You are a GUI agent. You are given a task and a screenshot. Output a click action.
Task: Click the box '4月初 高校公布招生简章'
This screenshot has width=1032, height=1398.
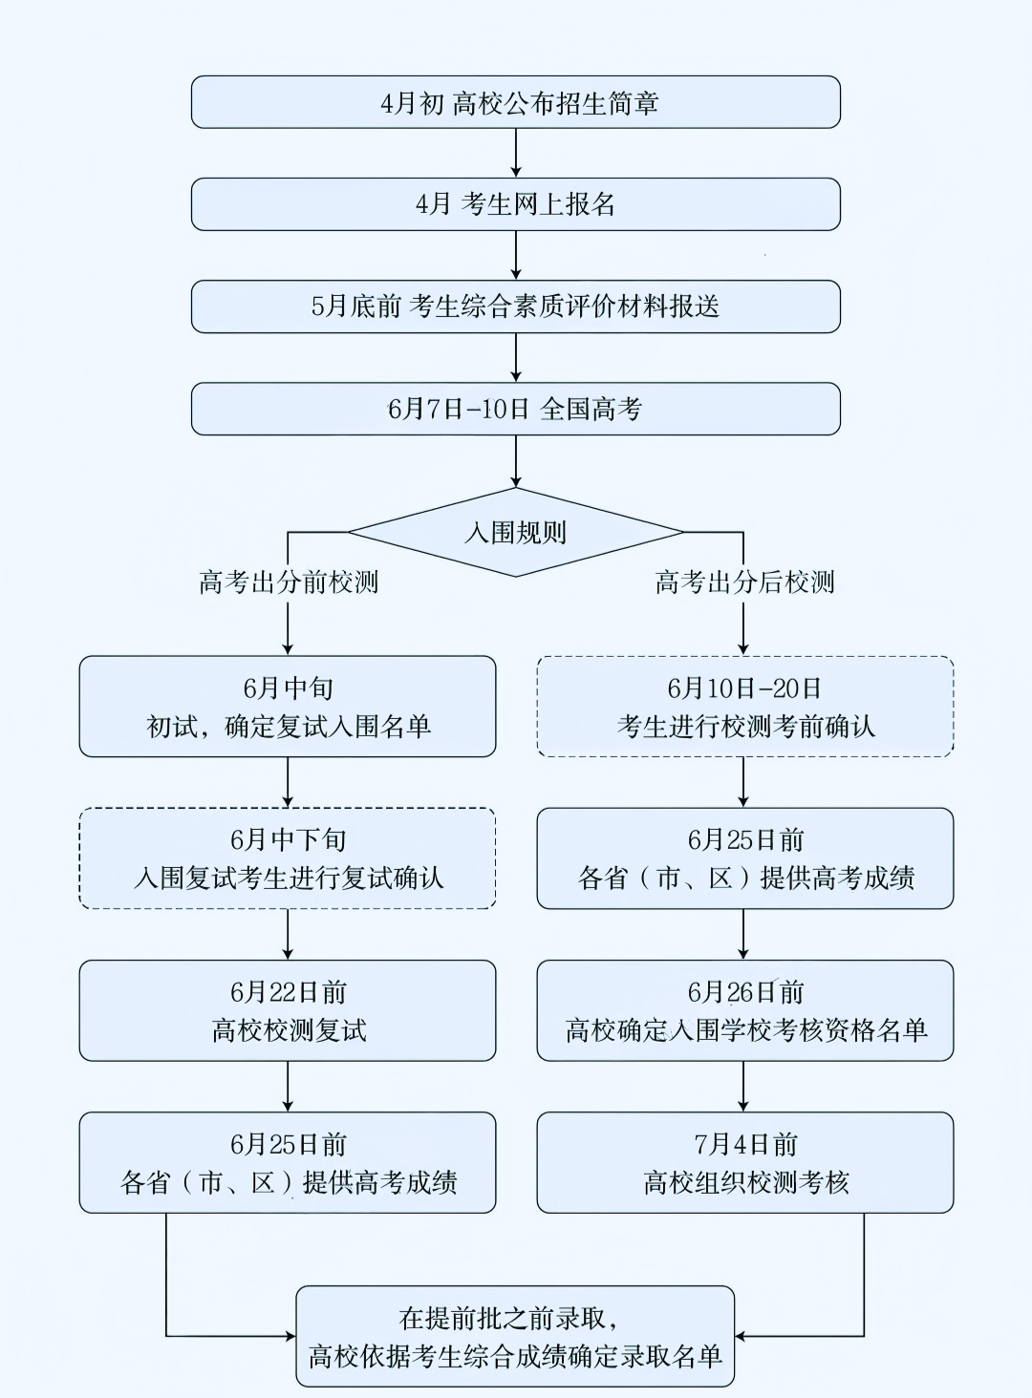point(516,102)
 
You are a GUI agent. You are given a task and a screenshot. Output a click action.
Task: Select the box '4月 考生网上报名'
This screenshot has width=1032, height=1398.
point(516,204)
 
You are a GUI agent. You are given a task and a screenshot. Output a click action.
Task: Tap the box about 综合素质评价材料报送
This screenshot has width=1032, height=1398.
point(516,307)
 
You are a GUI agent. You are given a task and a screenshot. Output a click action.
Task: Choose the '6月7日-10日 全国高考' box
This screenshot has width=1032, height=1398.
point(516,409)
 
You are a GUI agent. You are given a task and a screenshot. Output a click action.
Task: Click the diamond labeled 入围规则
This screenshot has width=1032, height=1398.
point(516,532)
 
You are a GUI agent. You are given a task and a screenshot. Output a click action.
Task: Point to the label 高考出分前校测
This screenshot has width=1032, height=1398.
point(288,582)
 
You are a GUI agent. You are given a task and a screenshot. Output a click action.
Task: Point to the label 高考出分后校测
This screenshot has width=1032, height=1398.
point(744,582)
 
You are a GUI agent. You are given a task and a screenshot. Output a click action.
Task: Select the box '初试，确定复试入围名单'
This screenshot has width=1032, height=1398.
point(288,707)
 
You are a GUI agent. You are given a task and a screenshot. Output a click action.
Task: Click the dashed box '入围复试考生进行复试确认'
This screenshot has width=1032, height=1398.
point(288,858)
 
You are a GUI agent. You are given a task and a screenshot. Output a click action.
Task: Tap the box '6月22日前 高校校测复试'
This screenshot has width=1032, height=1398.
point(288,1010)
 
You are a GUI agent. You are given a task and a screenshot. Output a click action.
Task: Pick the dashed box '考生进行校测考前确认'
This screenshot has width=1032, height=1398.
point(745,707)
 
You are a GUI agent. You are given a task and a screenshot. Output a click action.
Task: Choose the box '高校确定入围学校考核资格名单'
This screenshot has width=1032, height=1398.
point(745,1010)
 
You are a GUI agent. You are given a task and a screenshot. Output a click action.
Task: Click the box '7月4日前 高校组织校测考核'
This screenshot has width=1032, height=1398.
point(745,1162)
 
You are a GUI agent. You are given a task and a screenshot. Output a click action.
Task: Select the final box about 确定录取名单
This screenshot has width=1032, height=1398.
point(515,1336)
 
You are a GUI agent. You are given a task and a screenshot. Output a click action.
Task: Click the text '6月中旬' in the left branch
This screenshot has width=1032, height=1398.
point(288,688)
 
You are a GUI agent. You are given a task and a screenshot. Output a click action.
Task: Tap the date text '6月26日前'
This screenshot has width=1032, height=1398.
point(745,992)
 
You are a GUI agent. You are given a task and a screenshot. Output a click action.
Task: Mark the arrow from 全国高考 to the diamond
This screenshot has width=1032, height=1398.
point(516,461)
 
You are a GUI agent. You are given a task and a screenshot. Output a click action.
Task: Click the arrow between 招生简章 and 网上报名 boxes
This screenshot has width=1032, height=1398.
point(516,153)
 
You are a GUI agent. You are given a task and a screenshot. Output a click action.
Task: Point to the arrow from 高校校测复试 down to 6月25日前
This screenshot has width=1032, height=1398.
point(288,1087)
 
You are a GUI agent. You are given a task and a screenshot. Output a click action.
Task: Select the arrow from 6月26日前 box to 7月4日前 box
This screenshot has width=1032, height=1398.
point(744,1087)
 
